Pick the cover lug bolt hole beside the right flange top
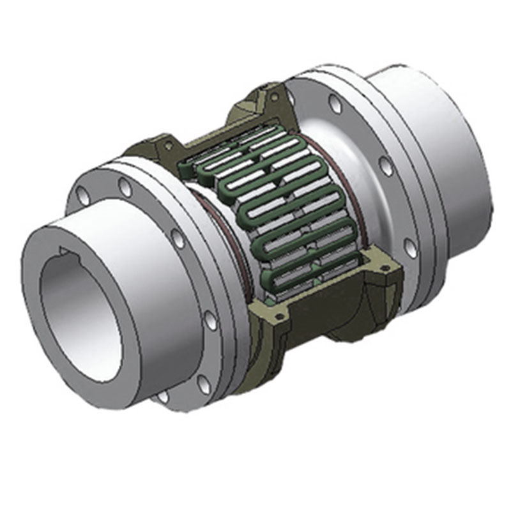275,96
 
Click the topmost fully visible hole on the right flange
335,103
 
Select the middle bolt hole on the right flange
386,165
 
